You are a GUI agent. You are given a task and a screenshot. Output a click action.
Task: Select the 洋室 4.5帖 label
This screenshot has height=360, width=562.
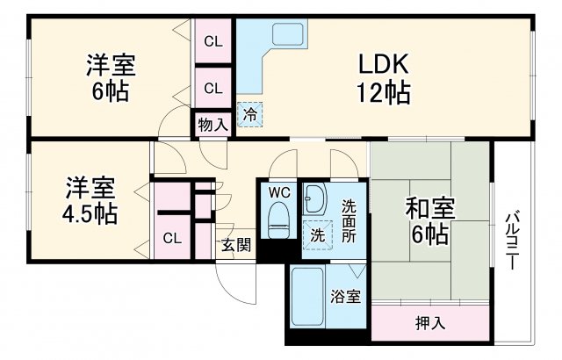pyautogui.click(x=90, y=200)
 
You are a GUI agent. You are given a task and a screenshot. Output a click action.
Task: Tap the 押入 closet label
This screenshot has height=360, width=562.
pyautogui.click(x=429, y=322)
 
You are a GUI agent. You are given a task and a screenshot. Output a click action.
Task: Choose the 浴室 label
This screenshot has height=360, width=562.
pyautogui.click(x=345, y=296)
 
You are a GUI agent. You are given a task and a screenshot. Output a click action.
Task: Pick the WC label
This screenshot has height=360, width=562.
pyautogui.click(x=279, y=192)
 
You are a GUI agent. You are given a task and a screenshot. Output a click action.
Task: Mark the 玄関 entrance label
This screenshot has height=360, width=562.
pyautogui.click(x=234, y=244)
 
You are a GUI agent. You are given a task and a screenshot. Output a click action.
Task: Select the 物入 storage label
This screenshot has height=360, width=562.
pyautogui.click(x=213, y=124)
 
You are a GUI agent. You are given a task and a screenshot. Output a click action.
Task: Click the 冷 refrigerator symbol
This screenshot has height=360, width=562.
pyautogui.click(x=251, y=114)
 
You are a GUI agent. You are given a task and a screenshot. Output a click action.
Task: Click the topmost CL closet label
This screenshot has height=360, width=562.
pyautogui.click(x=213, y=40)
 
